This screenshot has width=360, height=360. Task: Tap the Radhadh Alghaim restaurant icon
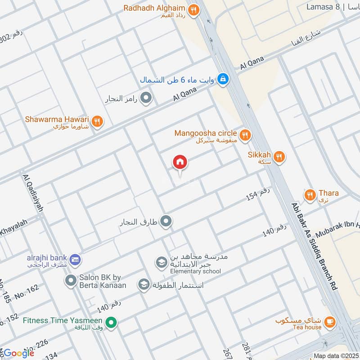click(x=193, y=10)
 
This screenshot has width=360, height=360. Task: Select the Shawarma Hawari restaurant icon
click(x=97, y=121)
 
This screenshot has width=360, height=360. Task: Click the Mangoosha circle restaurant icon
click(x=245, y=135)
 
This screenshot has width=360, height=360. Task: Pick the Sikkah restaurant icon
click(x=279, y=157)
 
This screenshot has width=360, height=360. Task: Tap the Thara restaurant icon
click(x=310, y=195)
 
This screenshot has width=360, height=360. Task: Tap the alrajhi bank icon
click(x=75, y=259)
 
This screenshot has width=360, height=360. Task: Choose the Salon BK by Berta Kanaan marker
click(x=70, y=281)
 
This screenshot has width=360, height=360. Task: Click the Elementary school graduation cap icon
click(x=161, y=262)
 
